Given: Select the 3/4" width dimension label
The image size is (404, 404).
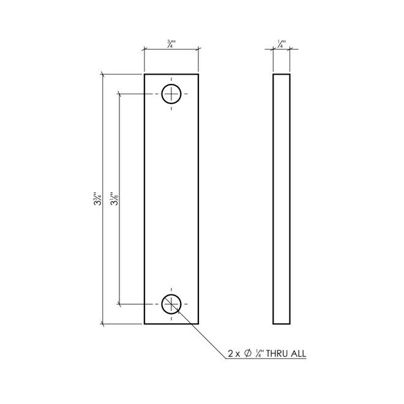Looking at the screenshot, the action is [x=171, y=43].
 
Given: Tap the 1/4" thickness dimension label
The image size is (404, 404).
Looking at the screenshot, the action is [x=282, y=43].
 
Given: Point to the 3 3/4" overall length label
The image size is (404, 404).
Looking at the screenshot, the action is [x=98, y=198].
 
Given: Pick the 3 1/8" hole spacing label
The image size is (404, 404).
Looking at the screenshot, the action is [x=114, y=198].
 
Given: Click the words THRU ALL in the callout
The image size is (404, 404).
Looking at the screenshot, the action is [x=286, y=354].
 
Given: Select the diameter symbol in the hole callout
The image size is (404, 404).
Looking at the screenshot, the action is [x=248, y=353].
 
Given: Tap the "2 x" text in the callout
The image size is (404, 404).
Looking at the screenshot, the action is [x=234, y=354].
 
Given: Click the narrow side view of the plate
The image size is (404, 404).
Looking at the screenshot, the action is [x=273, y=199].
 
